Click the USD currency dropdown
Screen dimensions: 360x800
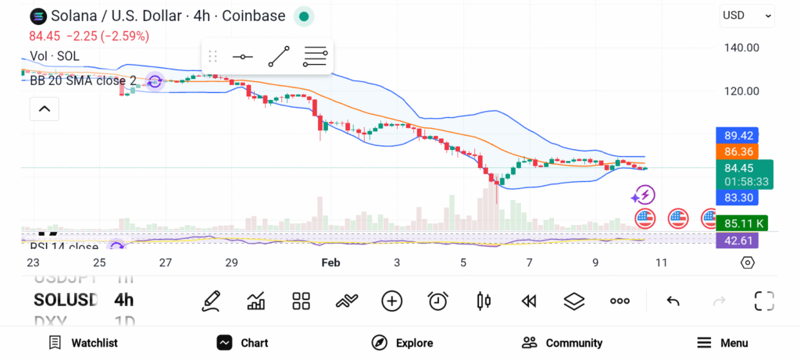click(747, 15)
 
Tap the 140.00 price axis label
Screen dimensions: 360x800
click(741, 48)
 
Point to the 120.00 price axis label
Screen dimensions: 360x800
click(741, 91)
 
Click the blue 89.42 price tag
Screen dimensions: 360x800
click(739, 135)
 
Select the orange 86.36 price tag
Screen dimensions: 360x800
click(739, 151)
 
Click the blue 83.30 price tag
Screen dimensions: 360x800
click(739, 198)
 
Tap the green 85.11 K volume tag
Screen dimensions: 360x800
click(741, 223)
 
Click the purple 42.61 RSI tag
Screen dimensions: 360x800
click(739, 241)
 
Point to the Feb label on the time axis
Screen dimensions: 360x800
click(331, 263)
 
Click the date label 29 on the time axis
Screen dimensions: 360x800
click(231, 263)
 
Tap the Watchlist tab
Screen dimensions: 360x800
click(83, 343)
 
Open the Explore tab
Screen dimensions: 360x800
click(402, 343)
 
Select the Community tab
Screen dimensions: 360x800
click(562, 343)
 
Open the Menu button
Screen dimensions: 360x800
click(723, 343)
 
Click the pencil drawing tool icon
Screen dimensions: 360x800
click(210, 301)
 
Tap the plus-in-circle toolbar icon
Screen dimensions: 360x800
click(391, 301)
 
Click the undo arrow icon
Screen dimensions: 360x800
click(673, 301)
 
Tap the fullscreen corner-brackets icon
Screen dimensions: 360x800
click(763, 301)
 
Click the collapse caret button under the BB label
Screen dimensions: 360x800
click(45, 109)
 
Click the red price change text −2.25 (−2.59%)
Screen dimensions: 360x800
click(108, 36)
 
